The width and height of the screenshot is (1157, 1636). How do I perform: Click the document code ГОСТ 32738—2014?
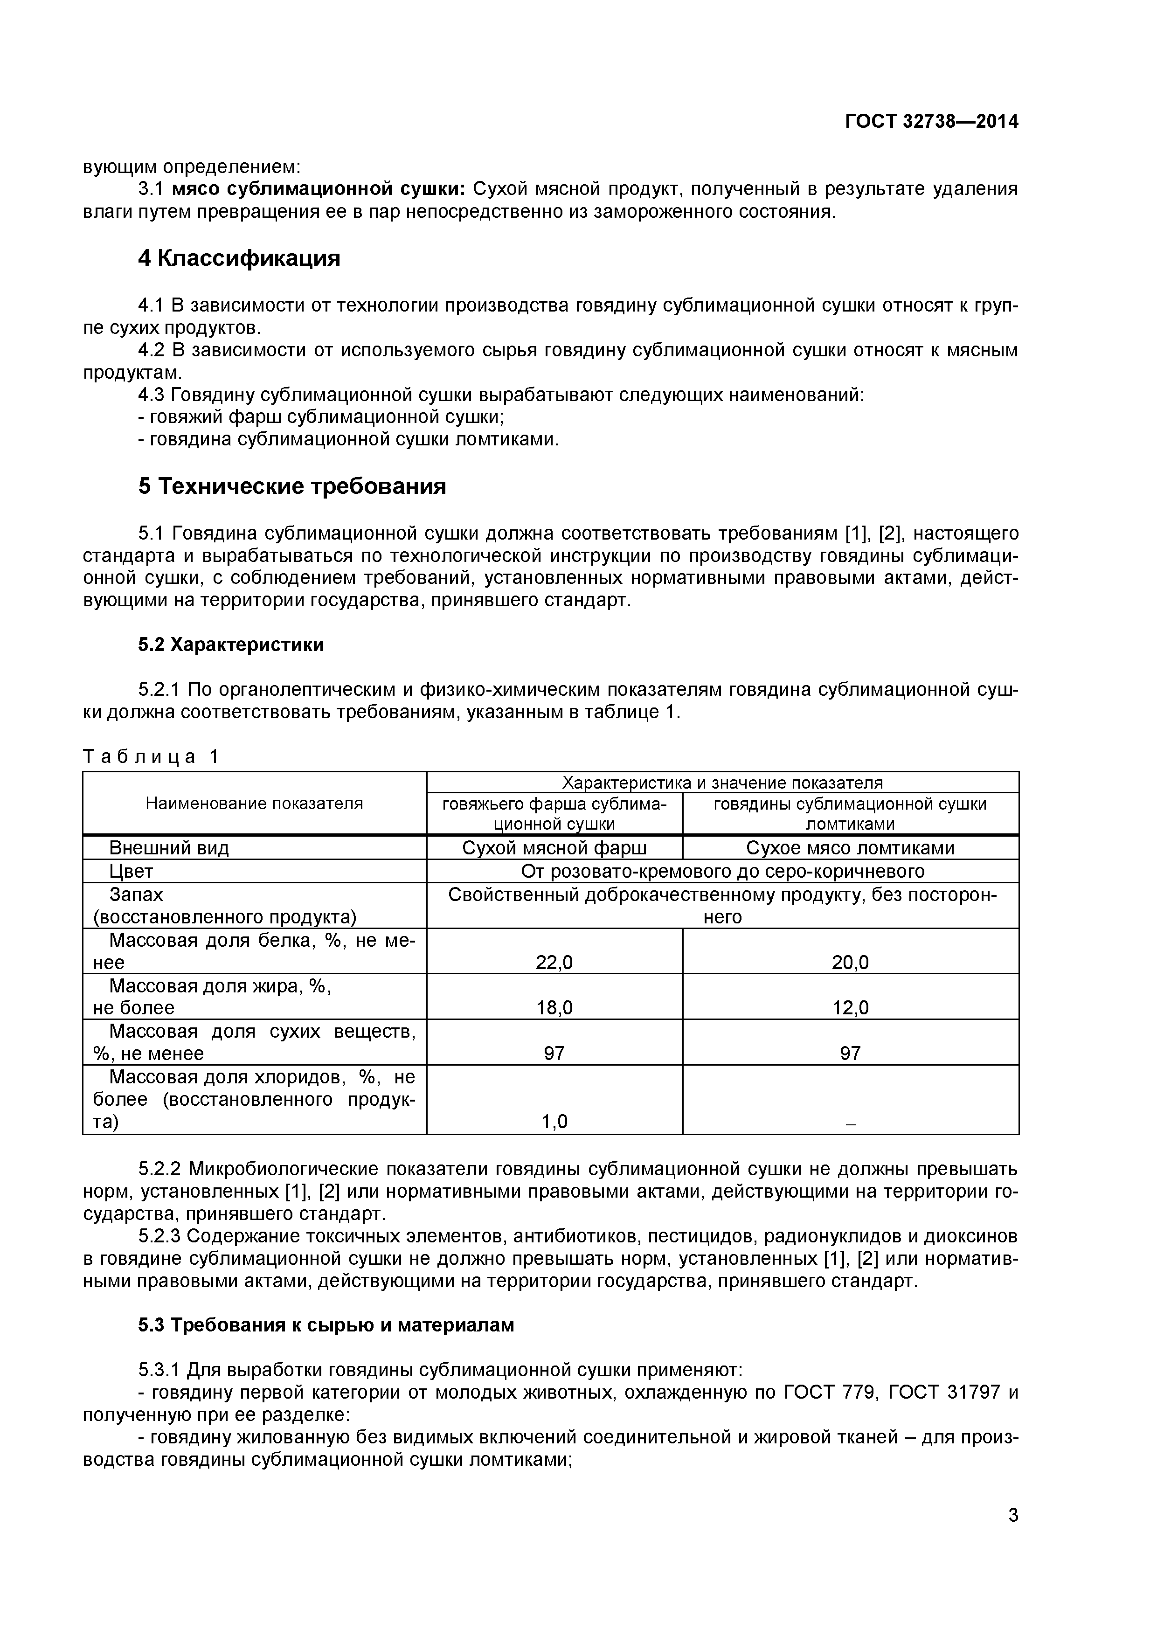(x=932, y=122)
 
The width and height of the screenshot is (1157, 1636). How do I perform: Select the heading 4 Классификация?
(x=239, y=259)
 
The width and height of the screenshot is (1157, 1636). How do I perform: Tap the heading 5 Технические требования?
(x=292, y=487)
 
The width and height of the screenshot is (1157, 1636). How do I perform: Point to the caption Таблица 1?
(x=151, y=757)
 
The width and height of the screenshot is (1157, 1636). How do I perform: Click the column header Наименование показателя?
(x=254, y=804)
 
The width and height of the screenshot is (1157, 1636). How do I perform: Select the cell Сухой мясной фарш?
(x=554, y=848)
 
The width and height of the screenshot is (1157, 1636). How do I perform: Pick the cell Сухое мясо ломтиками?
(x=850, y=848)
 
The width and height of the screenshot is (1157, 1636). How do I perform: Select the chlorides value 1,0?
(x=554, y=1122)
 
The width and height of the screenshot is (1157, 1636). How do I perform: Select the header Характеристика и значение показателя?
(x=722, y=783)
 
